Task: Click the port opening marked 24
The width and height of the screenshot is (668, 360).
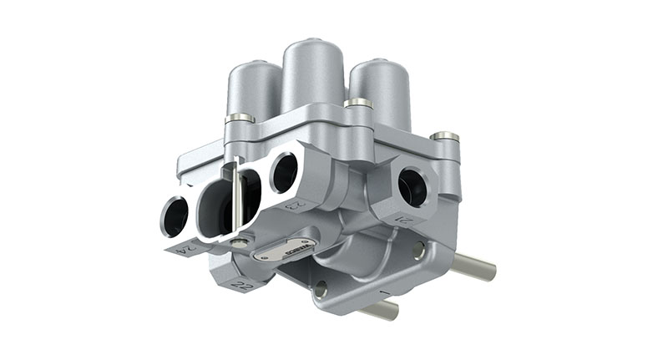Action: pos(175,216)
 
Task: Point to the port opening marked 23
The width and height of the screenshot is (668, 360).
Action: pos(283,171)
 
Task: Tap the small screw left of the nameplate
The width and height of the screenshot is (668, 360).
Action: pos(241,241)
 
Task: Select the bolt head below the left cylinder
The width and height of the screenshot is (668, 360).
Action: pos(240,119)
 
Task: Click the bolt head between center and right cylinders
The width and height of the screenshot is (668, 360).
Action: pos(357,104)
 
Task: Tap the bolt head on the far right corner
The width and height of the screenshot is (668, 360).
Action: pos(446,136)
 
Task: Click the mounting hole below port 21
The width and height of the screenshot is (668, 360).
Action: pos(417,250)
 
